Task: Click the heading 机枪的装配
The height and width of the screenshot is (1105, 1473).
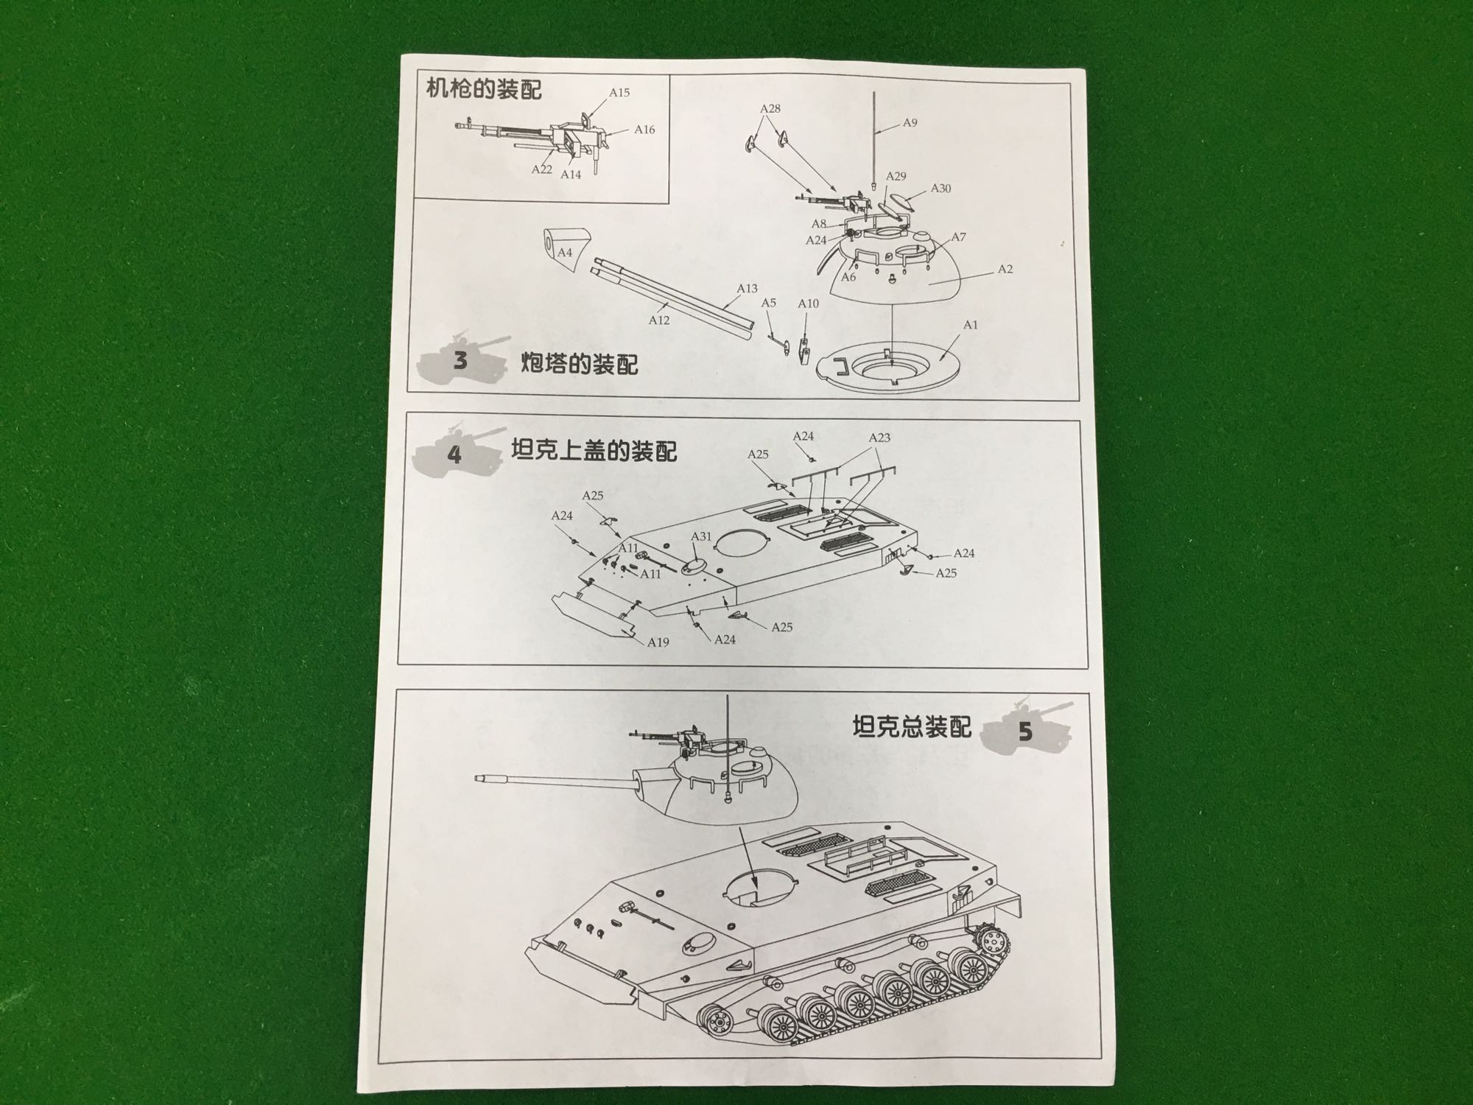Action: click(484, 89)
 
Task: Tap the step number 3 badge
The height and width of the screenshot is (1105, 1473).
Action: click(461, 361)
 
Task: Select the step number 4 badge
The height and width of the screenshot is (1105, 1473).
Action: click(454, 455)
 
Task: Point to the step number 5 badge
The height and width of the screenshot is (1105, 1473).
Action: click(1025, 732)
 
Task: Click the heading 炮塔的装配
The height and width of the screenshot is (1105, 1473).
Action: click(580, 364)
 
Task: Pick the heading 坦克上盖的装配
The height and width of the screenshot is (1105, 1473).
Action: click(594, 450)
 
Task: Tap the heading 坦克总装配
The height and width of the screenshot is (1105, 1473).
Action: click(912, 727)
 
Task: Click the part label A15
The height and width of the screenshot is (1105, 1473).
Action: click(619, 93)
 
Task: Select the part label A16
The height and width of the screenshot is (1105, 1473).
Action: click(644, 130)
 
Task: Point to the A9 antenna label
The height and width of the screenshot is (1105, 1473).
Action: click(910, 123)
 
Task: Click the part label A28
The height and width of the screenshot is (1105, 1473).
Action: click(770, 108)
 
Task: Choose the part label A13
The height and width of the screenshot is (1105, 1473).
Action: click(747, 289)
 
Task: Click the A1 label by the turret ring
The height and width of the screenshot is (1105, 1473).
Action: click(970, 325)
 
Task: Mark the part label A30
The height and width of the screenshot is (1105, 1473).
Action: click(941, 189)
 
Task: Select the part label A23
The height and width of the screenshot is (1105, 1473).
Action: click(879, 438)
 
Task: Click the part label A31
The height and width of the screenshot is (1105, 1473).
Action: click(701, 536)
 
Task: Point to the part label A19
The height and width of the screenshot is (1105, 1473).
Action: click(658, 642)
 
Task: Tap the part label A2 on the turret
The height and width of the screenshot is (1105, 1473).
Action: click(1005, 270)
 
